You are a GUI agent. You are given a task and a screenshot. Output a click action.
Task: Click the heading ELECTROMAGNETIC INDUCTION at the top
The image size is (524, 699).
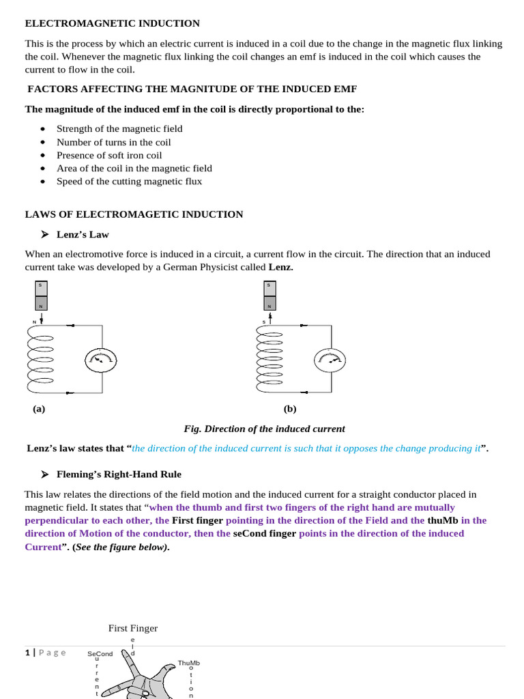pos(113,23)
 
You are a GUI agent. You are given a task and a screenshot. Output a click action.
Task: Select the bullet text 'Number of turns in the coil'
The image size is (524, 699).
pos(113,142)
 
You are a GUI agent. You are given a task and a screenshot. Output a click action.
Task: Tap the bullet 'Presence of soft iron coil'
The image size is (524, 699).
pos(109,155)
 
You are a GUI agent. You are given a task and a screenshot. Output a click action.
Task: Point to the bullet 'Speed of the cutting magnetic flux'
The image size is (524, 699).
pos(129,181)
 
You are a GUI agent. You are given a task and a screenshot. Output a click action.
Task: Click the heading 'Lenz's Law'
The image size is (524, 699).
pos(83,234)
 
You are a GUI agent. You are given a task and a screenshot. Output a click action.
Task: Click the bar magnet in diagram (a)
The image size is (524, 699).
pos(41,296)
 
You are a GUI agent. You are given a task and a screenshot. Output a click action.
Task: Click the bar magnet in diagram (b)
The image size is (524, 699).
pos(270,296)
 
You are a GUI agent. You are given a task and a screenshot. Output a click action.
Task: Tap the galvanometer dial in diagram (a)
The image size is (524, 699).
pos(101,360)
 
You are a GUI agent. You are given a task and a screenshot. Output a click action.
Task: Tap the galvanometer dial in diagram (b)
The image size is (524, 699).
pos(330,360)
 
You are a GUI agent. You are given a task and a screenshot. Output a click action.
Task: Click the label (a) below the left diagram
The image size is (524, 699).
pos(39,409)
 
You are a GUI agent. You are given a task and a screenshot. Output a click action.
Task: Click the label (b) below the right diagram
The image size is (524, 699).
pos(290,409)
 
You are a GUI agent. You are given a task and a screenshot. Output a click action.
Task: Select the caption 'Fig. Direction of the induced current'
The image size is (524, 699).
pos(264,429)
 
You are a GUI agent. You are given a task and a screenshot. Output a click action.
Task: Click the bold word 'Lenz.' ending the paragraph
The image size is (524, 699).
pos(280,267)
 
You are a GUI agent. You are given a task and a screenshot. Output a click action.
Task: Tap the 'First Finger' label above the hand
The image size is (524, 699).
pos(133,628)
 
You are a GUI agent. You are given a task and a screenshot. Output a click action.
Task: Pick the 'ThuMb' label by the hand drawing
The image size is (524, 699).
pos(189,663)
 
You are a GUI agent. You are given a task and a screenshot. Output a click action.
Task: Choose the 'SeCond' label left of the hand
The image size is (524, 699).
pos(100,654)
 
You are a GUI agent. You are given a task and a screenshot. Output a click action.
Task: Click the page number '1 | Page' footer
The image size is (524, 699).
pos(46,653)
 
